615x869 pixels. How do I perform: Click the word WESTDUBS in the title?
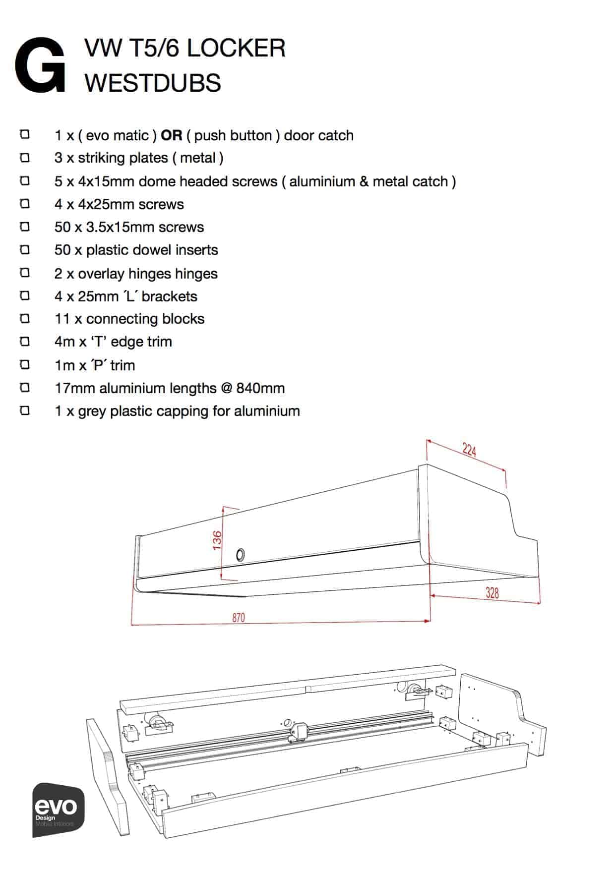point(153,82)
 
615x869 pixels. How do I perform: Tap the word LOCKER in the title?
point(237,48)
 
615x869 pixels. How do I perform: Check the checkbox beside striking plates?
point(25,158)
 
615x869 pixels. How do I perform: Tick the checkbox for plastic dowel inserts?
point(25,250)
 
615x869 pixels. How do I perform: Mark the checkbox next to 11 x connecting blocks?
point(25,318)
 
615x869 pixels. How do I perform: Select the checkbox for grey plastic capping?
point(25,410)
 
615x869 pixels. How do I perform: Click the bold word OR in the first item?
point(172,135)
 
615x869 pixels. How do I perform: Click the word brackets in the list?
point(170,296)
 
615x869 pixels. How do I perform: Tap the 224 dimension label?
point(469,450)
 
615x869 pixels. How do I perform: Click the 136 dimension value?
point(217,540)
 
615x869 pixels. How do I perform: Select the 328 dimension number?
point(492,592)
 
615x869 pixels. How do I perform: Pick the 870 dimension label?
point(238,618)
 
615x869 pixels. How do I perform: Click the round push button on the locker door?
point(240,554)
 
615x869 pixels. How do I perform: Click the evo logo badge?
point(59,810)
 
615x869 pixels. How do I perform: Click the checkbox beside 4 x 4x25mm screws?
point(25,204)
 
